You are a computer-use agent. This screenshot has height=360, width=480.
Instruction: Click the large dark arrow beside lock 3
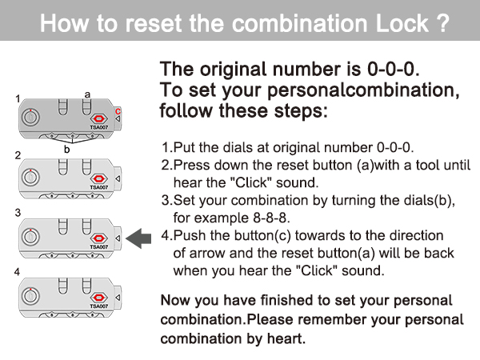click(138, 238)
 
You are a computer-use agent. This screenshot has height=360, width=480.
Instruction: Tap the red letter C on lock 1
click(118, 111)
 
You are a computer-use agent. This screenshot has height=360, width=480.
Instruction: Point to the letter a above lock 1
click(87, 94)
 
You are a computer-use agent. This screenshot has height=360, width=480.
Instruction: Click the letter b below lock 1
click(66, 149)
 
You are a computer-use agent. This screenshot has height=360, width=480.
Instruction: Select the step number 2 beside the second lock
click(18, 155)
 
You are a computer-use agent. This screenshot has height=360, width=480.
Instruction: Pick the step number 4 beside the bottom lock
click(17, 271)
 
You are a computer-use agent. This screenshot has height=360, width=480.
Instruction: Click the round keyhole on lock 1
click(30, 118)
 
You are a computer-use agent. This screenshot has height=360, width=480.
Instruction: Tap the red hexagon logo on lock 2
click(98, 178)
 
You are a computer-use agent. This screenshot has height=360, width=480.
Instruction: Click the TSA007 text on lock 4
click(99, 306)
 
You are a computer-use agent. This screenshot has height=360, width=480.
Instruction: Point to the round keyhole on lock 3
click(30, 236)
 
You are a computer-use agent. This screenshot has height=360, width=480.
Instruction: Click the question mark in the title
click(443, 23)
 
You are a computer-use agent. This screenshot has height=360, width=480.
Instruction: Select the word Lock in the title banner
click(402, 23)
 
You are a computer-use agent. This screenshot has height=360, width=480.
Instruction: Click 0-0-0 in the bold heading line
click(393, 69)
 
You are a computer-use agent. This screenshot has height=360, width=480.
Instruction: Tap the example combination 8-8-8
click(271, 218)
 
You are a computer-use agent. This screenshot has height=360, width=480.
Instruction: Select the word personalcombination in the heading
click(363, 90)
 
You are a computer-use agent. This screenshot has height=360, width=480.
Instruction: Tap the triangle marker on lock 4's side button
click(118, 298)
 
